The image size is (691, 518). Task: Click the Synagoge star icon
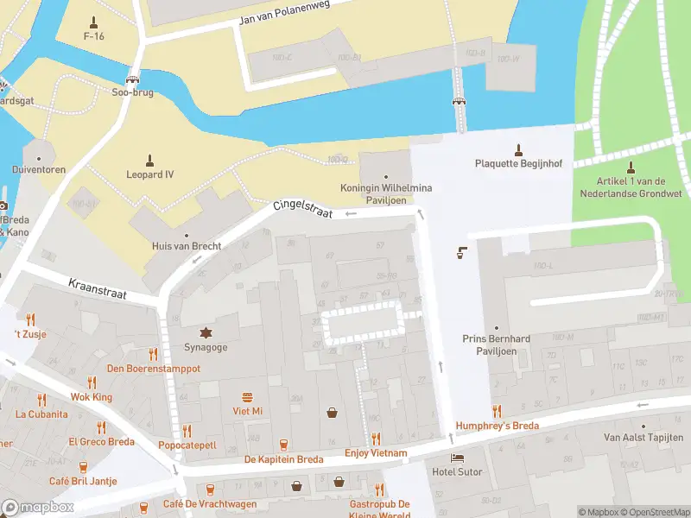pyautogui.click(x=206, y=332)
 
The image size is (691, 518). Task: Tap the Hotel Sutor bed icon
pyautogui.click(x=457, y=458)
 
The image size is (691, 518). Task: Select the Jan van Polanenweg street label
pyautogui.click(x=284, y=18)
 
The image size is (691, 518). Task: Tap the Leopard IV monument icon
pyautogui.click(x=149, y=160)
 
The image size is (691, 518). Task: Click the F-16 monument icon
pyautogui.click(x=95, y=21)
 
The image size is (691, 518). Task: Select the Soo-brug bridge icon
pyautogui.click(x=133, y=78)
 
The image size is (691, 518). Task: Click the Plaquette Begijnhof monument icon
pyautogui.click(x=518, y=148)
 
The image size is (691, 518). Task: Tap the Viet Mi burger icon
pyautogui.click(x=248, y=397)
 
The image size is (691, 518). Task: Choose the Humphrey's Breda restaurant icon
pyautogui.click(x=497, y=411)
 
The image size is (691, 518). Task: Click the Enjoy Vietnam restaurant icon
pyautogui.click(x=376, y=439)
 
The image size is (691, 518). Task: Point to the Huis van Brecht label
pyautogui.click(x=186, y=246)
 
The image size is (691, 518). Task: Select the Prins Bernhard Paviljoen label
pyautogui.click(x=495, y=345)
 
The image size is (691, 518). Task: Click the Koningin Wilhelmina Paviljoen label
pyautogui.click(x=386, y=193)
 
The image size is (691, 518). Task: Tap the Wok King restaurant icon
pyautogui.click(x=92, y=382)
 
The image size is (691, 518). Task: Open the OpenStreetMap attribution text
pyautogui.click(x=654, y=512)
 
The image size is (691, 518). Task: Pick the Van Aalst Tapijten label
pyautogui.click(x=643, y=438)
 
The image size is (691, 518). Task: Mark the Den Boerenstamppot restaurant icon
pyautogui.click(x=154, y=354)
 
